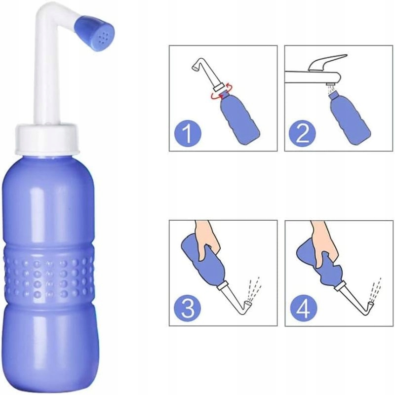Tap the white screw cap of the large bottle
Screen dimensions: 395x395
pos(47,138)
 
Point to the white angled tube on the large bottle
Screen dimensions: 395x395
pos(41,74)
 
